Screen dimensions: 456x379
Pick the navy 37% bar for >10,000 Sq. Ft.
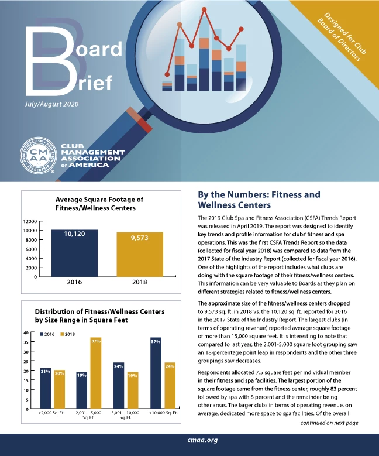156,372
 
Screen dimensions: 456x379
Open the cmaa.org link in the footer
189,440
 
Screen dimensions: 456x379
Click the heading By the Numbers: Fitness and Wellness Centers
259,200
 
